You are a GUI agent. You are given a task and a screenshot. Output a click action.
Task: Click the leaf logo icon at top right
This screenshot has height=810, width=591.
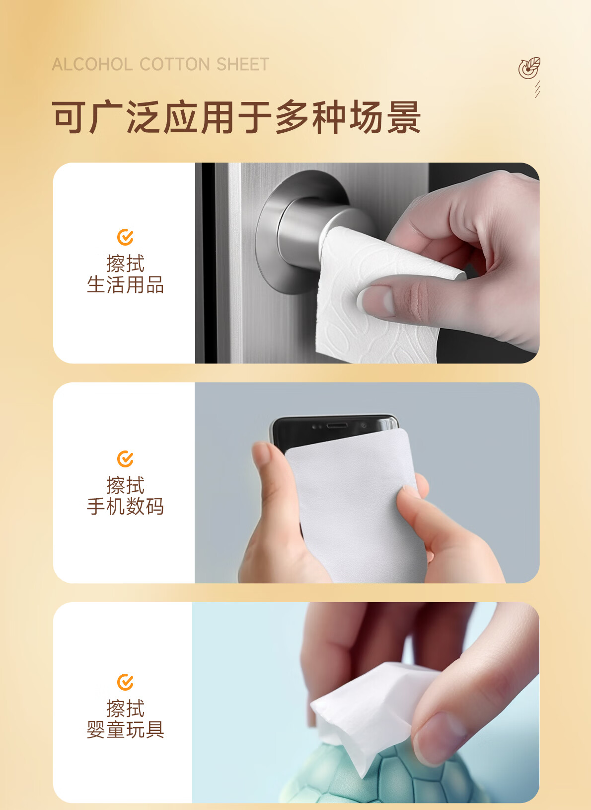[529, 68]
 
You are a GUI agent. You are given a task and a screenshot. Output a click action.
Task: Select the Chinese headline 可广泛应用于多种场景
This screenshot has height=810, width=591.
[236, 117]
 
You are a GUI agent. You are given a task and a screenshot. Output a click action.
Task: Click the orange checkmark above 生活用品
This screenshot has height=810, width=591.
[125, 237]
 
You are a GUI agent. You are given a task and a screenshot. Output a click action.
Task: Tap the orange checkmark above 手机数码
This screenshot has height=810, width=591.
[125, 458]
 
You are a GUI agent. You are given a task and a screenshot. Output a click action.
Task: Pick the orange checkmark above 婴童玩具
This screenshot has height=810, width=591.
[125, 682]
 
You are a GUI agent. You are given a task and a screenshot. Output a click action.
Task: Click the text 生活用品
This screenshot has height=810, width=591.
[125, 285]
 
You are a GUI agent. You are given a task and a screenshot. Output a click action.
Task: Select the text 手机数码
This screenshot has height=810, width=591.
[125, 506]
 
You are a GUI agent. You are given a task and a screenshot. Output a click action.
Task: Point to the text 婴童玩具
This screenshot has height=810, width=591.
[125, 729]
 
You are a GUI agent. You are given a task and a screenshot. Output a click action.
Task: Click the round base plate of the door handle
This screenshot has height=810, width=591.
[271, 259]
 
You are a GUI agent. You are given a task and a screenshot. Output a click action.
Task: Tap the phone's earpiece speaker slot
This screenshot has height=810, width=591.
[337, 426]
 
